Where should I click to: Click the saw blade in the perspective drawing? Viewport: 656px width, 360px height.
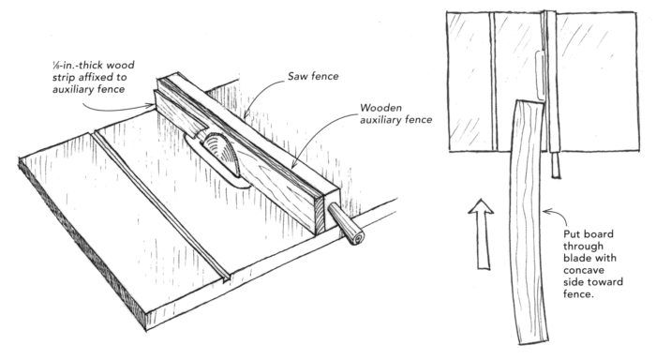(222, 153)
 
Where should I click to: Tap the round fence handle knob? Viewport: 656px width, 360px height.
(347, 224)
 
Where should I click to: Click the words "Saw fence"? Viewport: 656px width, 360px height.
(313, 76)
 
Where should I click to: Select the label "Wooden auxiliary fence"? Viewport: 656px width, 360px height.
(395, 113)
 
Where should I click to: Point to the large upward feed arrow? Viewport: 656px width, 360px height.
(481, 233)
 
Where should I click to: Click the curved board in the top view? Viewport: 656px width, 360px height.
(528, 222)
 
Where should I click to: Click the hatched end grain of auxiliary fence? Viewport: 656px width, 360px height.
(320, 215)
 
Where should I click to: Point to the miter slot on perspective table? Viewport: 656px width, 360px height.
(161, 206)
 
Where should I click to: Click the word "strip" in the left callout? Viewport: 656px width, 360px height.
(63, 78)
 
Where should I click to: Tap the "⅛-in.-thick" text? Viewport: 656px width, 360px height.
(78, 66)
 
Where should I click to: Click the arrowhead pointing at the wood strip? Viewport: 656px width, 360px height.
(151, 106)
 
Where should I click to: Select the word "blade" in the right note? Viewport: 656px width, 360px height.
(574, 258)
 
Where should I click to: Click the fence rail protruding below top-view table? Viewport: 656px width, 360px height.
(556, 164)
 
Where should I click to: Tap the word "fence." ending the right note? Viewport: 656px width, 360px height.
(578, 293)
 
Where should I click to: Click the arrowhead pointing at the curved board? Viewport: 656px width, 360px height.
(546, 212)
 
